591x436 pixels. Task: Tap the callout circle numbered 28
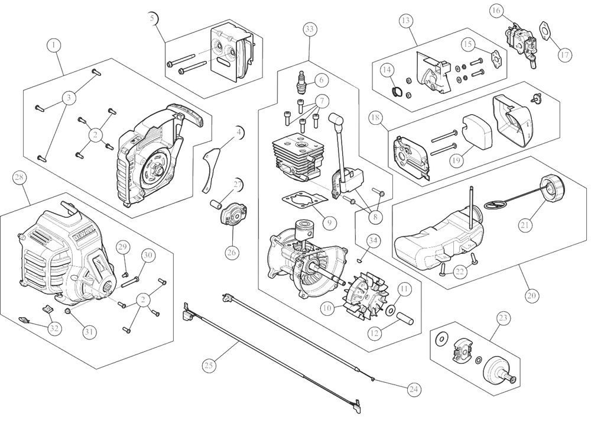[x=19, y=177]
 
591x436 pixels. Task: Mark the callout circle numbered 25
[x=209, y=366]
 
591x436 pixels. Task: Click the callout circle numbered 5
[x=154, y=18]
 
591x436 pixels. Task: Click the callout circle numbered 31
[x=89, y=332]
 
